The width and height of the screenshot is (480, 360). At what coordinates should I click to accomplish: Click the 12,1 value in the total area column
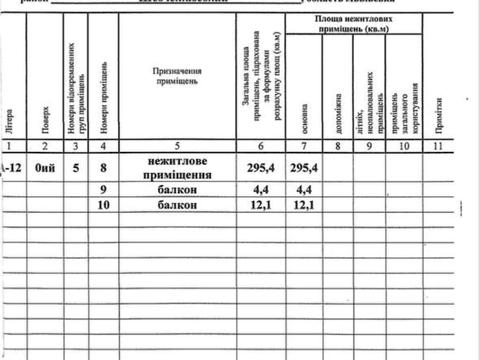point(258,206)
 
